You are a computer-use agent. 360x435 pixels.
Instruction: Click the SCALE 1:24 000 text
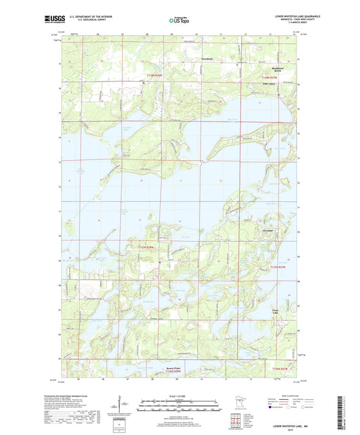180,396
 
